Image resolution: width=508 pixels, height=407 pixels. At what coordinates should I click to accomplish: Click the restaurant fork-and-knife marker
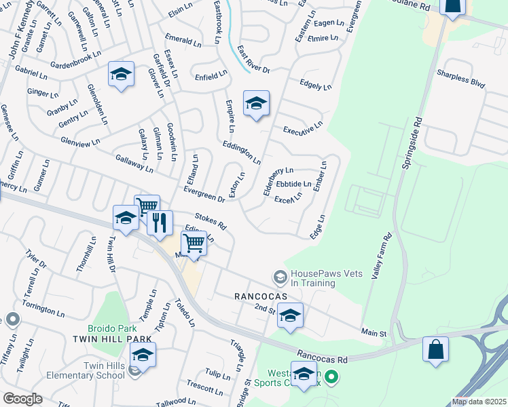click(x=160, y=222)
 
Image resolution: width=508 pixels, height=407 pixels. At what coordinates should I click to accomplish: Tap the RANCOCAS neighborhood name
click(x=257, y=296)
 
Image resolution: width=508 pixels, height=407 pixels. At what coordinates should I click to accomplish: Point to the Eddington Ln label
click(x=241, y=153)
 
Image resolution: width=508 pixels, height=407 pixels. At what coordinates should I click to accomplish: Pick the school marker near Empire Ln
click(x=256, y=104)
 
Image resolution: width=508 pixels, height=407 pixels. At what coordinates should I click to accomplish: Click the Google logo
click(x=22, y=399)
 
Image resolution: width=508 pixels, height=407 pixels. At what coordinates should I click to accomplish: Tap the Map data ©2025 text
click(x=479, y=402)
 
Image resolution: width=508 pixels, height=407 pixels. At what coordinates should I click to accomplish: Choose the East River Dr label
click(x=254, y=60)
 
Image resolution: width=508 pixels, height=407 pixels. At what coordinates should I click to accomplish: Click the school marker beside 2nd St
click(x=290, y=316)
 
